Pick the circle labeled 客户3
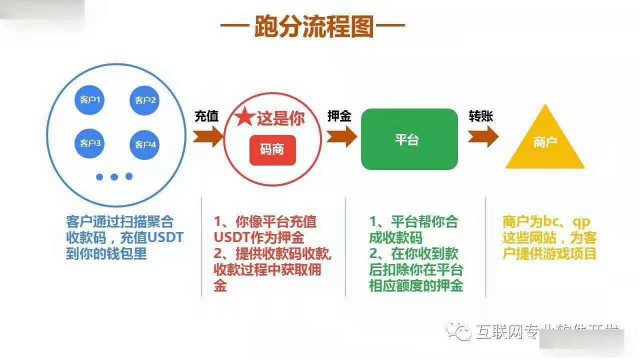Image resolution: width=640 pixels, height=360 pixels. tap(89, 144)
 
